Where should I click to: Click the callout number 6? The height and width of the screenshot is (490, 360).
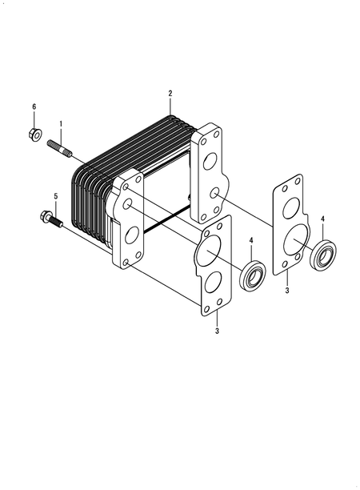tap(34, 106)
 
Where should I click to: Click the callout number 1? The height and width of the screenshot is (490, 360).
tap(61, 124)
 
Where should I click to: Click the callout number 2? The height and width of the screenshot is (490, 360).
tap(170, 93)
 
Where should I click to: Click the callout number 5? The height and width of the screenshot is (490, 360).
tap(56, 196)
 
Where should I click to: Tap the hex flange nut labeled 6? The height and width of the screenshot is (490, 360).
tap(34, 135)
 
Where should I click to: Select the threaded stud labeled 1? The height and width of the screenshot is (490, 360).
tap(60, 148)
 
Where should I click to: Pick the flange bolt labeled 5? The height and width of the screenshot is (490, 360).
tap(51, 219)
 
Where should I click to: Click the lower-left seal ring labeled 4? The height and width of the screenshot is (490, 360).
tap(252, 275)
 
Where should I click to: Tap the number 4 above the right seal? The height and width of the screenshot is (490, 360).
tap(322, 219)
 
